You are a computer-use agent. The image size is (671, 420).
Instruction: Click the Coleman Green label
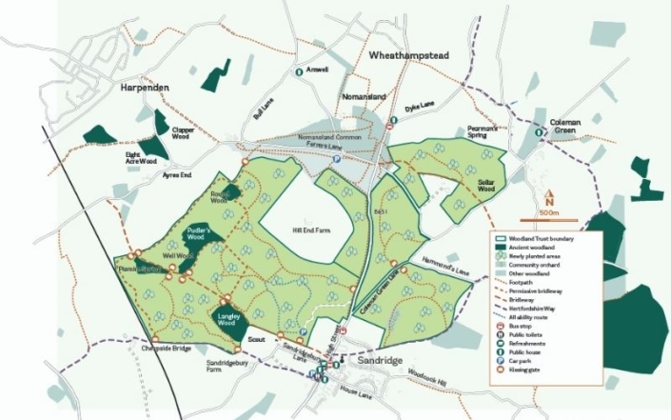pyautogui.click(x=564, y=126)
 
